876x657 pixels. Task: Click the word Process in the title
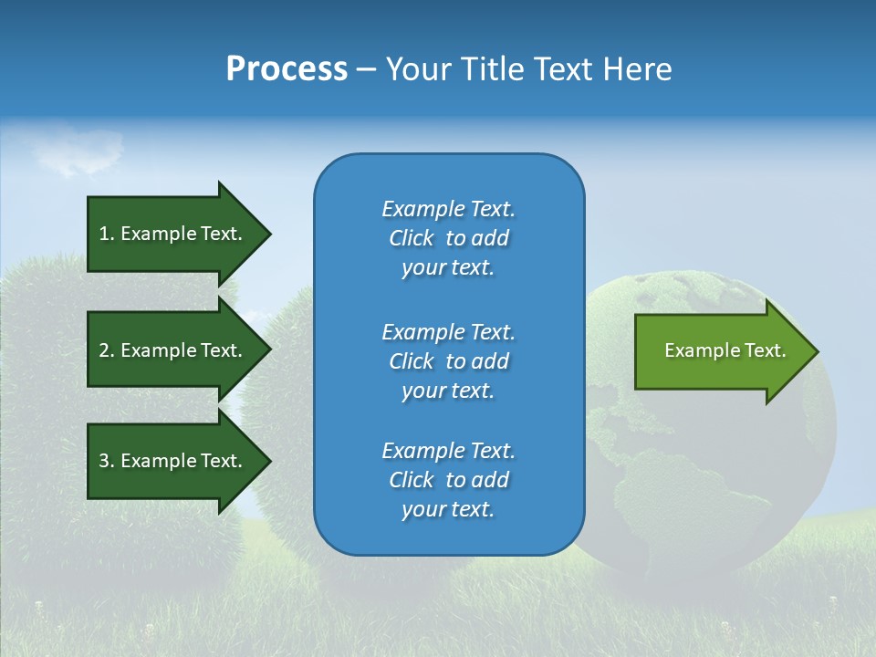point(287,69)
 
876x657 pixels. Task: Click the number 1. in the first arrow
point(107,234)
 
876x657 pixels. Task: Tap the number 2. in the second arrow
point(107,350)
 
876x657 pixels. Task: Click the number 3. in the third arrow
point(107,461)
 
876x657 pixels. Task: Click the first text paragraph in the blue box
point(448,238)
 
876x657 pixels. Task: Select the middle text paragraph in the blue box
point(448,361)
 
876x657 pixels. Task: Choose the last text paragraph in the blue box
point(448,480)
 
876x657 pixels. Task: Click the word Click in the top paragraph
point(412,238)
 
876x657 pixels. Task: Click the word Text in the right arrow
point(766,350)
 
